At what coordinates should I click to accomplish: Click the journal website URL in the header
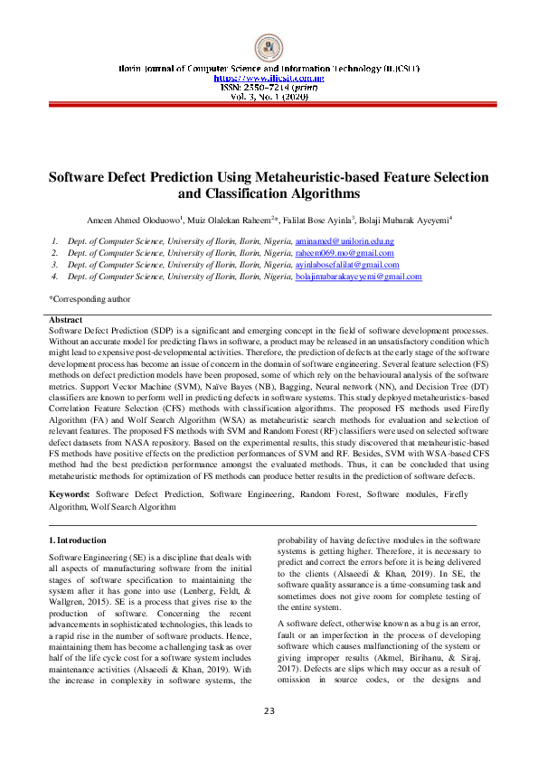[269, 78]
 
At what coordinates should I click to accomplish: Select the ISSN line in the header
[269, 87]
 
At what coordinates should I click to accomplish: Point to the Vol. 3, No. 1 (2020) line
[269, 96]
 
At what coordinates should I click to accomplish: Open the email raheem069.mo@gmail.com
[345, 254]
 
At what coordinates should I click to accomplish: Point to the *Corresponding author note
[90, 298]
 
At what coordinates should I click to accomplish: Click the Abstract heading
[65, 320]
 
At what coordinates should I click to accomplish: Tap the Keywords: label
[69, 494]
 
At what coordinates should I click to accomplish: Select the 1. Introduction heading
[77, 540]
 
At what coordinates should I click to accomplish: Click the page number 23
[269, 736]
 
